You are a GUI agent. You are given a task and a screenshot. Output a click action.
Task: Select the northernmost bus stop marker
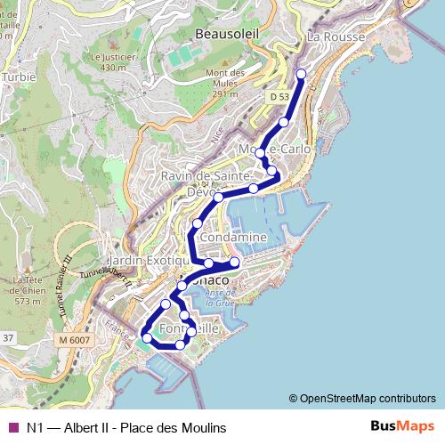click(x=301, y=74)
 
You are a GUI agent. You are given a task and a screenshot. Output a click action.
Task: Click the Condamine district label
click(x=234, y=239)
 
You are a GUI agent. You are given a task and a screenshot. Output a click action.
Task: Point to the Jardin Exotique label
click(x=147, y=261)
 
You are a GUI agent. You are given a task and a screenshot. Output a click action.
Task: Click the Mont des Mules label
click(x=224, y=83)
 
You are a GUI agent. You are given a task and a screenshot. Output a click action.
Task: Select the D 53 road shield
click(x=279, y=96)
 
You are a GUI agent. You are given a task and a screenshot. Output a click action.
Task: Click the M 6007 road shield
click(x=75, y=340)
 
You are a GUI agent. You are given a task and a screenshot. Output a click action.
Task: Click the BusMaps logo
click(x=402, y=427)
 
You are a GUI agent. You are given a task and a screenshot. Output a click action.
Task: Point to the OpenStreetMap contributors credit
click(x=361, y=399)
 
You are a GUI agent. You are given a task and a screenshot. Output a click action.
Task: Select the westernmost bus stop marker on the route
click(x=147, y=337)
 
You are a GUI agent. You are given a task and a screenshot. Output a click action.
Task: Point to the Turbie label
click(x=18, y=77)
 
